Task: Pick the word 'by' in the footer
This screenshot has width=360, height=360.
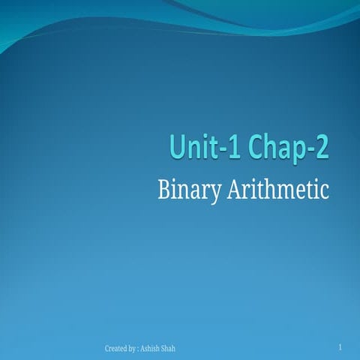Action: coord(133,349)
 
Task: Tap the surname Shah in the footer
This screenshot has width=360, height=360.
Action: coord(171,349)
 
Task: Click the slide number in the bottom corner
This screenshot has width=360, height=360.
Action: coord(340,347)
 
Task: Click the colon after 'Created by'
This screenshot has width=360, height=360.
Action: coord(139,349)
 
